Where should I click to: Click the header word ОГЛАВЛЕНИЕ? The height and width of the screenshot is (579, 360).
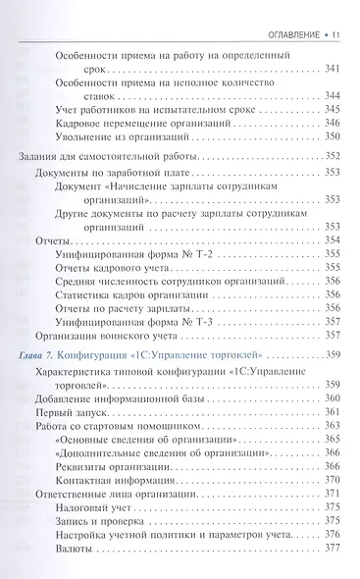(290, 13)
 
